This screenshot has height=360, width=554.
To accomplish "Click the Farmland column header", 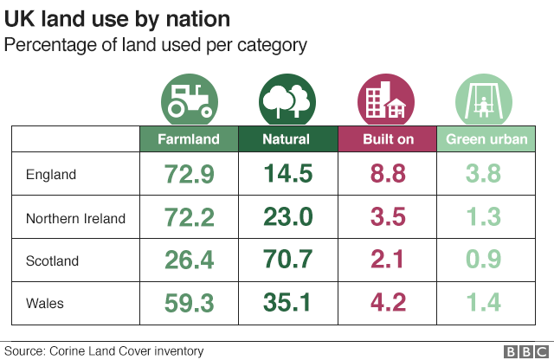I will (x=189, y=138).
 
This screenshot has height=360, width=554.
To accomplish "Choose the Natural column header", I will (x=287, y=138).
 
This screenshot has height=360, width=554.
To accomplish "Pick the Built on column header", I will (x=387, y=138).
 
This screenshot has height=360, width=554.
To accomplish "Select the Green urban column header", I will (x=485, y=138).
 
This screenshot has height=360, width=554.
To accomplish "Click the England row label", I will (x=51, y=174).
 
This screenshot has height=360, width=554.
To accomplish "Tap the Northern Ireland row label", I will (x=75, y=218).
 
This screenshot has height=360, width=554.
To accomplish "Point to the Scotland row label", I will (x=52, y=261).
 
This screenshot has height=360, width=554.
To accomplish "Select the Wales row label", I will (x=46, y=304).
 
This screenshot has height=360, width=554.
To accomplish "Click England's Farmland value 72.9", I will (x=189, y=174).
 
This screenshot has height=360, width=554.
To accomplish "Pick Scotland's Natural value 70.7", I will (x=287, y=260).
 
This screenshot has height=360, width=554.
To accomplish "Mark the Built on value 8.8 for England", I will (x=387, y=174).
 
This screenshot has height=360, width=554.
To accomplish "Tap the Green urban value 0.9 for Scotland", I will (x=484, y=260).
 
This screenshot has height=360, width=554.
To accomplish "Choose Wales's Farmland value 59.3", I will (x=189, y=304).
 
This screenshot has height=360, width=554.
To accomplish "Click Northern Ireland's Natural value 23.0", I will (x=287, y=217).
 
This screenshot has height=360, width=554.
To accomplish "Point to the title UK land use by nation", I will (x=119, y=19).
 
